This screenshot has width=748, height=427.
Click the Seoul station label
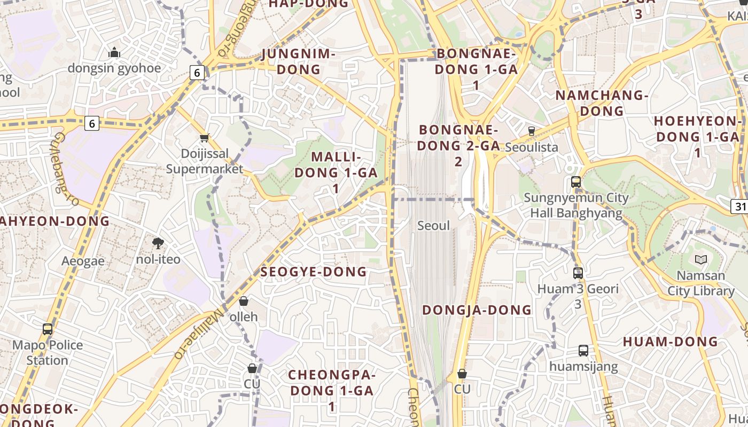click(433, 226)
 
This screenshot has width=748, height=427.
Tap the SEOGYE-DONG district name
click(314, 272)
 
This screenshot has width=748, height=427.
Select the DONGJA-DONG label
click(477, 310)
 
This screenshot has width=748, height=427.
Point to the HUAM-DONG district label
click(671, 342)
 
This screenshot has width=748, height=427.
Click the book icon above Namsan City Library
click(700, 260)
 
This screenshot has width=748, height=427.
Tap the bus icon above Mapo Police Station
click(48, 329)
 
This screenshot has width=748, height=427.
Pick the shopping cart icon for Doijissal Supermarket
click(204, 138)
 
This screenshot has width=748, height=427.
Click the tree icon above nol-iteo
click(158, 243)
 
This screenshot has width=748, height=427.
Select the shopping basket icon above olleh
click(244, 301)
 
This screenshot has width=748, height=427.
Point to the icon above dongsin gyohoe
click(114, 52)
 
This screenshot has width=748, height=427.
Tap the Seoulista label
click(531, 147)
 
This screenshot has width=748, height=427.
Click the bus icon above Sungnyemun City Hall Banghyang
click(575, 181)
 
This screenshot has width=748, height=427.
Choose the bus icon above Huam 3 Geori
click(578, 273)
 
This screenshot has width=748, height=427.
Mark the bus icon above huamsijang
click(583, 351)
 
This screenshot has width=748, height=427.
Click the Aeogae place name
click(83, 261)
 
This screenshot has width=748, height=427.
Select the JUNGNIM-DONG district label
click(299, 61)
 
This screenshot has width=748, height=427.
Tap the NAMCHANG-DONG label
click(602, 103)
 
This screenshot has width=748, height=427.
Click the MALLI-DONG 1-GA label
click(336, 172)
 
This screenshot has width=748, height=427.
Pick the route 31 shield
click(740, 206)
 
